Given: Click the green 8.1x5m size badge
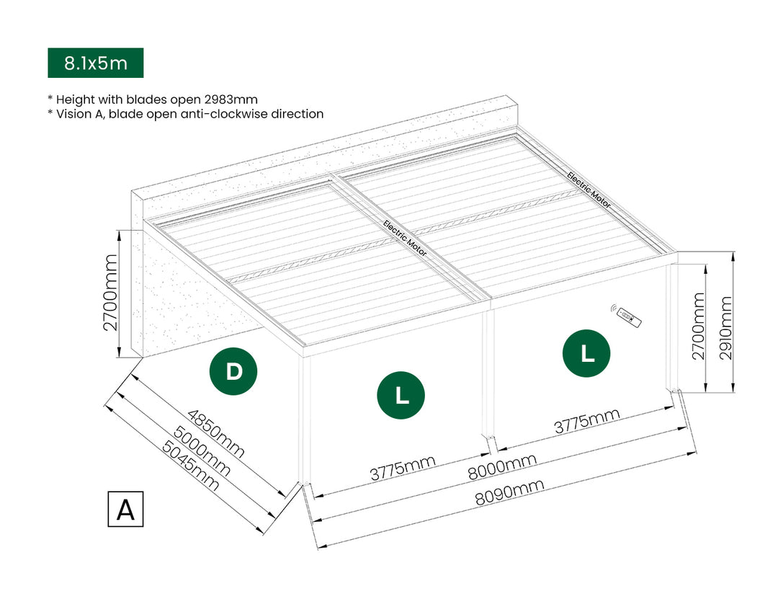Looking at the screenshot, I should tap(96, 63).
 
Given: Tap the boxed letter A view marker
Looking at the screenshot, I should tap(125, 509).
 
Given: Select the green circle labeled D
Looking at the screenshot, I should tap(233, 372).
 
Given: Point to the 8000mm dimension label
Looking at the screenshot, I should tap(501, 467).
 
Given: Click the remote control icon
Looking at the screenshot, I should tap(628, 315).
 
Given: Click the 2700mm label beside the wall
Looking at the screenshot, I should tap(111, 292).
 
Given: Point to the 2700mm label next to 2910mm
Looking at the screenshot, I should tap(698, 325).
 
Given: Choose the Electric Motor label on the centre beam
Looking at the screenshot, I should tap(405, 238).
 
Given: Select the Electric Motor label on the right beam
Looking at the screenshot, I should tap(589, 190).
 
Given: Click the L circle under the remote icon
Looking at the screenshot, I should tap(587, 353).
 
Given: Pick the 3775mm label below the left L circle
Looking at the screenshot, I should tap(403, 469).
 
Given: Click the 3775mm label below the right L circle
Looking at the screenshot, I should tap(586, 422).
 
